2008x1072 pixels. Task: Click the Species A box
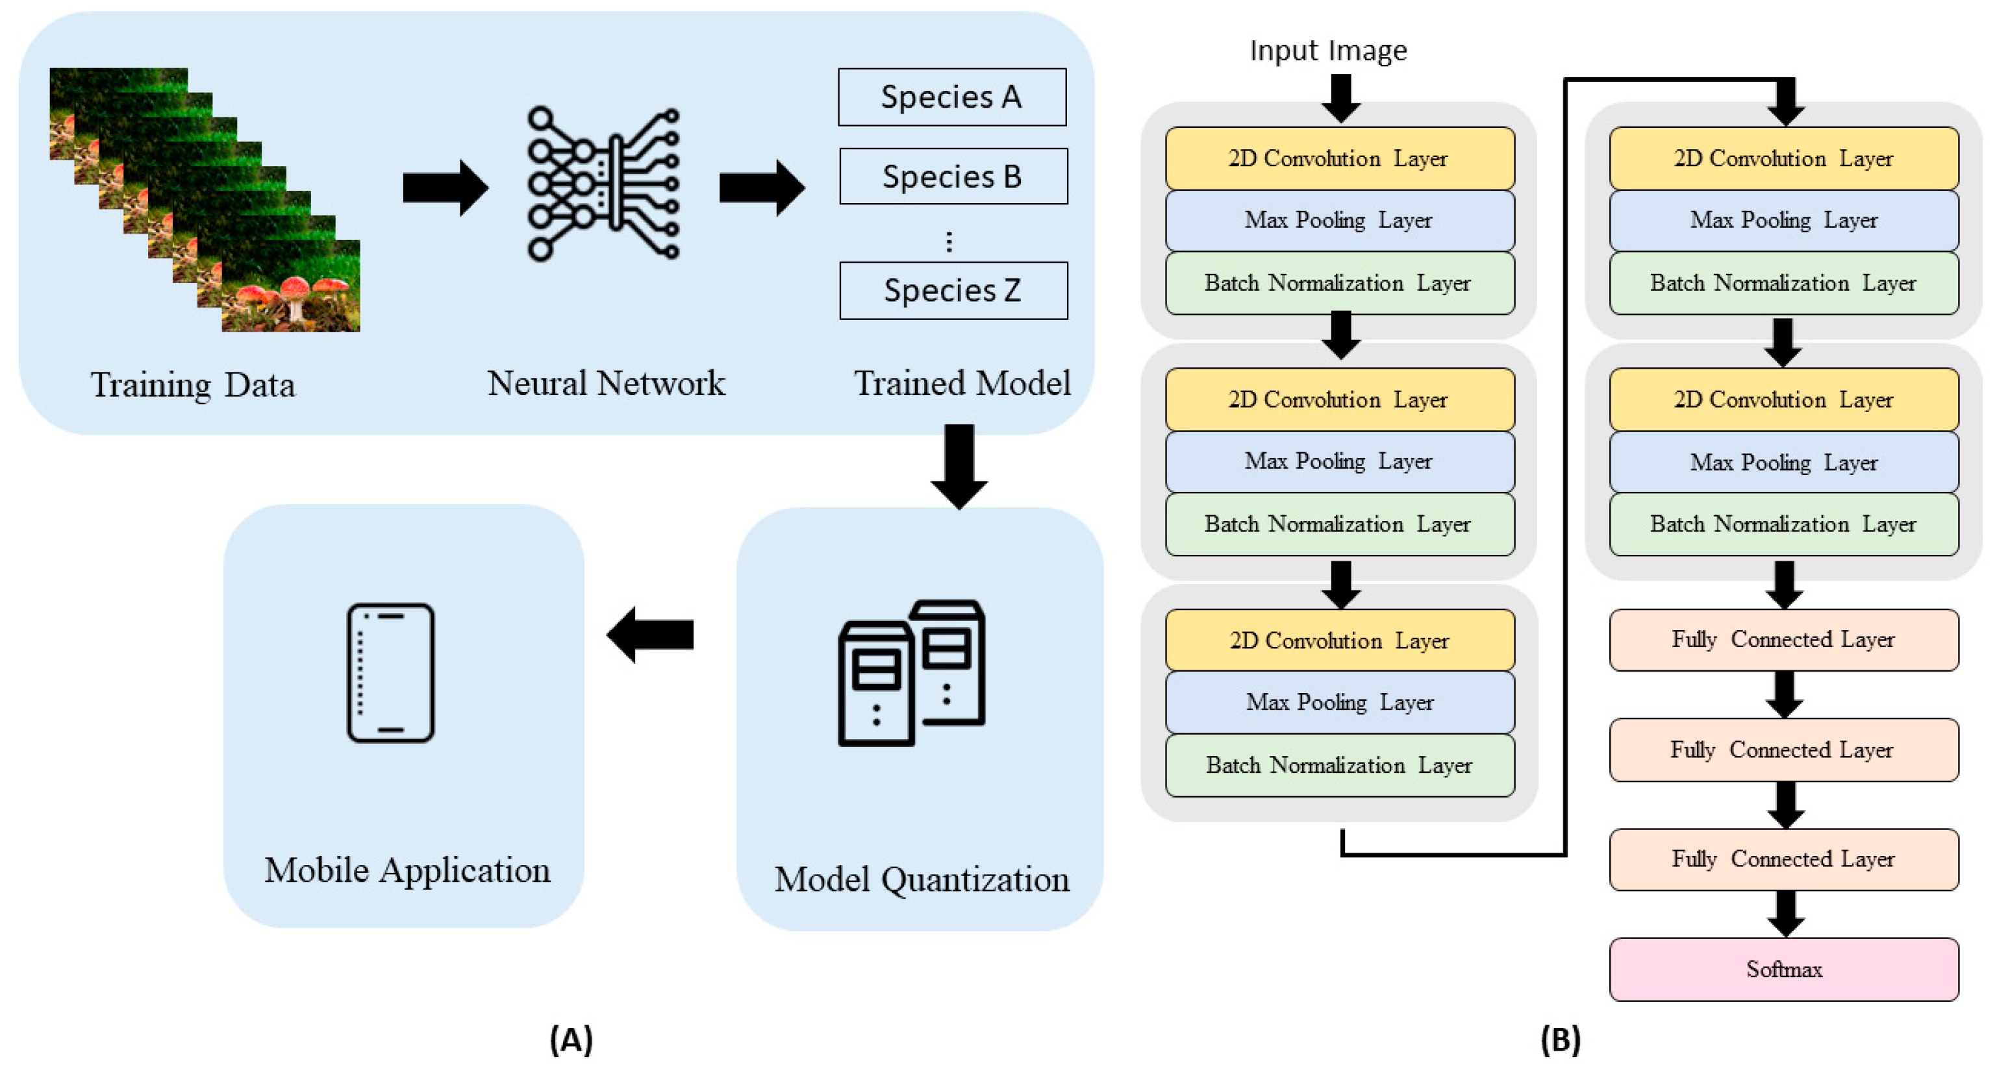click(x=952, y=97)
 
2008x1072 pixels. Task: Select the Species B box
click(x=953, y=177)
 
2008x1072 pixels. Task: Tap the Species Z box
click(x=953, y=291)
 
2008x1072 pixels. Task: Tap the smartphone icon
click(x=390, y=672)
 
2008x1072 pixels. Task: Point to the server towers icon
click(x=911, y=672)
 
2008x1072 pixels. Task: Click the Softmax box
click(x=1783, y=969)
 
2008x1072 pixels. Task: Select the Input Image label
click(x=1328, y=51)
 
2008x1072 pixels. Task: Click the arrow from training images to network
click(x=444, y=188)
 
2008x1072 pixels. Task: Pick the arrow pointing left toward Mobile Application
click(x=650, y=634)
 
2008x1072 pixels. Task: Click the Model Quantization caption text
click(x=922, y=879)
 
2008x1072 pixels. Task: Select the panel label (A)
click(x=571, y=1040)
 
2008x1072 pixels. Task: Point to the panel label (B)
click(x=1560, y=1040)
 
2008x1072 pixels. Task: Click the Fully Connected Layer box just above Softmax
click(x=1783, y=859)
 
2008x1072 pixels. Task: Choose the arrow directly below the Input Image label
click(x=1341, y=98)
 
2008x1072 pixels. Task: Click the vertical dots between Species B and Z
click(x=949, y=241)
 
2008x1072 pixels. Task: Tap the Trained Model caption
click(x=962, y=384)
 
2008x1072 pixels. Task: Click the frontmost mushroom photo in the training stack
click(x=291, y=287)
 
